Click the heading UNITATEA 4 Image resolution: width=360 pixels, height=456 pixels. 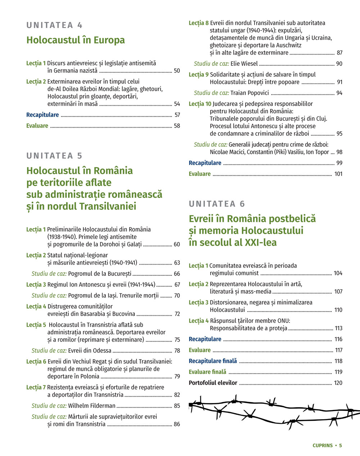point(54,25)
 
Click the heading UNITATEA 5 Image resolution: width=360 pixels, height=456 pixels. point(54,156)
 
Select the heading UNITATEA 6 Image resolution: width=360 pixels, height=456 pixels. point(217,204)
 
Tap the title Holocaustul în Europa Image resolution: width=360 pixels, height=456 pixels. point(76,40)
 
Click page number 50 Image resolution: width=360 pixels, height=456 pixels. point(177,71)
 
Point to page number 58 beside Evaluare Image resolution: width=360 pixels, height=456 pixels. point(177,126)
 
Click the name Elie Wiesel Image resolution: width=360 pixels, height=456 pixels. point(244,64)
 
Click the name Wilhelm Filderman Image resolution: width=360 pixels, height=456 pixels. point(92,406)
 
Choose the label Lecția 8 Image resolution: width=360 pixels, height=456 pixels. point(198,23)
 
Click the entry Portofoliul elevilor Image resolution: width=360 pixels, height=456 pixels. point(213,383)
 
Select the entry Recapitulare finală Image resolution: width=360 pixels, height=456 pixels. point(213,361)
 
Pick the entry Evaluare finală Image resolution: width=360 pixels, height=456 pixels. point(207,372)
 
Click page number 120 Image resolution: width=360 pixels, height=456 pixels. point(338,383)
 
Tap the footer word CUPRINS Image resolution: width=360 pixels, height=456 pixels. point(323,445)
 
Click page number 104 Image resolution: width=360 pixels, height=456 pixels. point(338,273)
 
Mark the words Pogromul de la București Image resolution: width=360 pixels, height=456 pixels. point(100,274)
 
